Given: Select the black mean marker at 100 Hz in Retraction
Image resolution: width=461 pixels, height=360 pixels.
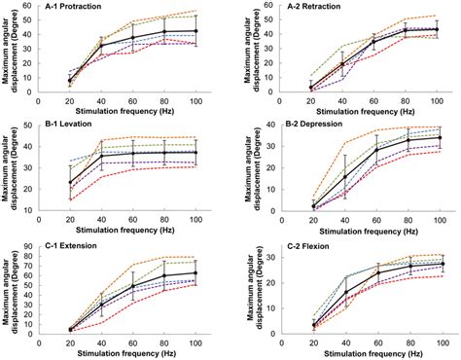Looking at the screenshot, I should point(435,29).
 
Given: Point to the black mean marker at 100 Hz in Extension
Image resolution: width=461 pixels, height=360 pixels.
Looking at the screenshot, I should point(196,273).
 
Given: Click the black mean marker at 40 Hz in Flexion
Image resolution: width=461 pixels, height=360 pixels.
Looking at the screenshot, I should point(345,292).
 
